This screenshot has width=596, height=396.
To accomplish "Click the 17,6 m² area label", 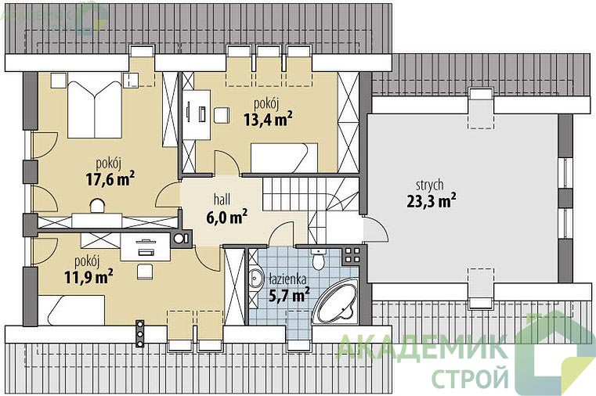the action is pyautogui.click(x=110, y=178).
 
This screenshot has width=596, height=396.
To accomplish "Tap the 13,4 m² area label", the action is pyautogui.click(x=268, y=119).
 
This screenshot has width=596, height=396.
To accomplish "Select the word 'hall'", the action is pyautogui.click(x=222, y=200).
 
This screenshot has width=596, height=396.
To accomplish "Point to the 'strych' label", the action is pyautogui.click(x=429, y=185).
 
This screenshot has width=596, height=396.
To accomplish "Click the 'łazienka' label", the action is pyautogui.click(x=287, y=279).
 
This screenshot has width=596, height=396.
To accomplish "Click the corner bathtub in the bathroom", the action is pyautogui.click(x=337, y=302).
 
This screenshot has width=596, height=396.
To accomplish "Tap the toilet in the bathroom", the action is pyautogui.click(x=318, y=258).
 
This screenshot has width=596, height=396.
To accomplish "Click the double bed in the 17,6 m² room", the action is pyautogui.click(x=95, y=110).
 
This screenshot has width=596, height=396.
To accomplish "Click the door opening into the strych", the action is pyautogui.click(x=375, y=229).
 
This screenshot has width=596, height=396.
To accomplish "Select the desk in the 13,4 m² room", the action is pyautogui.click(x=197, y=115).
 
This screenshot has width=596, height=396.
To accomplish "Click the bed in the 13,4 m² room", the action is pyautogui.click(x=284, y=157).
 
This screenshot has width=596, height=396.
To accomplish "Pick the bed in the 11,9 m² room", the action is pyautogui.click(x=71, y=310).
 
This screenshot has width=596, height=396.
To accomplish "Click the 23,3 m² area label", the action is pyautogui.click(x=432, y=201).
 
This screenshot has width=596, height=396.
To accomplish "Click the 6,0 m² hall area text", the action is pyautogui.click(x=226, y=217).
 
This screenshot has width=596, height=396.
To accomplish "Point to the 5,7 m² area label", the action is pyautogui.click(x=289, y=294).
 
